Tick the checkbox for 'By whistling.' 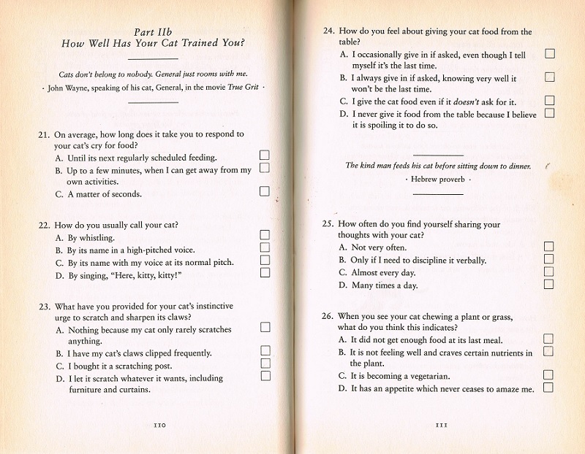click(265, 234)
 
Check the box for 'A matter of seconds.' click(265, 191)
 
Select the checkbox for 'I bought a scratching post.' click(265, 363)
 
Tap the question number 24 click(329, 32)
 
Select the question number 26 click(329, 317)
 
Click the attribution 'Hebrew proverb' click(438, 180)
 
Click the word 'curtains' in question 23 click(134, 390)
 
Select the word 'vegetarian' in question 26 click(423, 377)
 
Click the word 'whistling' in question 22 click(97, 238)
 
